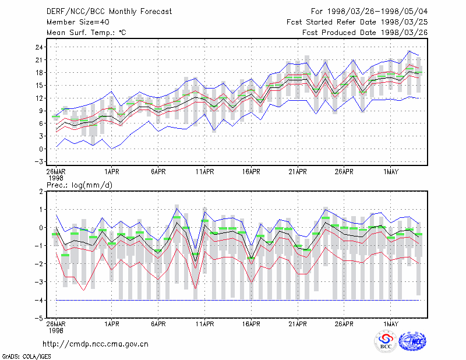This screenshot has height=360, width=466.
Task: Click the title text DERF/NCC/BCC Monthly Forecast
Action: point(109,12)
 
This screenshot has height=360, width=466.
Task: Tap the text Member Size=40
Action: point(78,22)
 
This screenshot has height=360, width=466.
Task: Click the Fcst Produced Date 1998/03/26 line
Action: point(365,33)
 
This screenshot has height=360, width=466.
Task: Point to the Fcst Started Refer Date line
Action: point(357,22)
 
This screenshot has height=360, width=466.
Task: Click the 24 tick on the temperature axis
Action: point(39,47)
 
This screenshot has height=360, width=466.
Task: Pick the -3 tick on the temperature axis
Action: point(39,162)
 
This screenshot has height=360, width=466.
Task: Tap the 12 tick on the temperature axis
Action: point(39,98)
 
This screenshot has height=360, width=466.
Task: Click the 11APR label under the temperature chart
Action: point(205,172)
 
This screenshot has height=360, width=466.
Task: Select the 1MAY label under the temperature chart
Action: point(390,172)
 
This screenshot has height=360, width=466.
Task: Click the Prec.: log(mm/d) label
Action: point(80,185)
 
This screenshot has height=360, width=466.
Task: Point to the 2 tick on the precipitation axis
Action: point(41,192)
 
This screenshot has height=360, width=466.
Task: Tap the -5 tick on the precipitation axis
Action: point(39,318)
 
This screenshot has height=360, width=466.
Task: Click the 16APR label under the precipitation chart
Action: point(251,324)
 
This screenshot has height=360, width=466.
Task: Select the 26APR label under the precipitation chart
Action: point(344,324)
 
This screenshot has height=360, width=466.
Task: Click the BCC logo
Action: point(386,341)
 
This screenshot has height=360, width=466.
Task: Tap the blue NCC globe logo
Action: point(412,341)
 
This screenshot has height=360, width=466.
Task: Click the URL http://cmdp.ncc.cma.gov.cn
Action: point(96,344)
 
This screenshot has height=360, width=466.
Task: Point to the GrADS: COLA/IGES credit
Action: point(27,357)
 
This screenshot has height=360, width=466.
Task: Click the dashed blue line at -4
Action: point(238,300)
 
